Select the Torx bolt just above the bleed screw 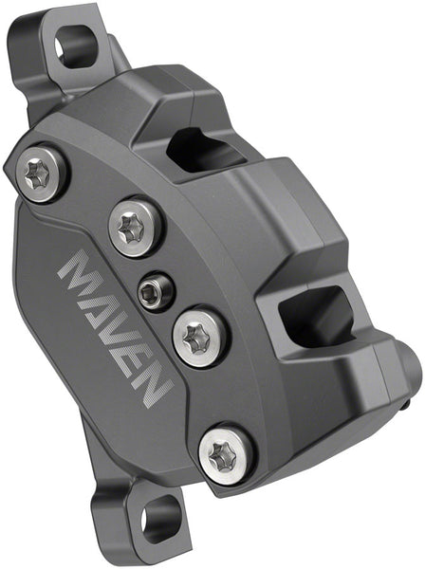(136, 226)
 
